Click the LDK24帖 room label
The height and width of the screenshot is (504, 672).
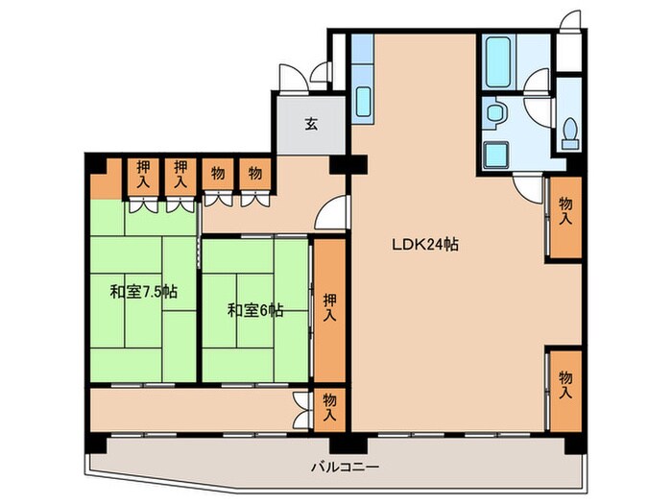pos(425,244)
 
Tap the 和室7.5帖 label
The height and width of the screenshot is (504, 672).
pos(144,292)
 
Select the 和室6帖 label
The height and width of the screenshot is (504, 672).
pos(255,310)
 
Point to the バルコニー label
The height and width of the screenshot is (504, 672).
pos(345,467)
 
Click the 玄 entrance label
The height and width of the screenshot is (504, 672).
pos(312,124)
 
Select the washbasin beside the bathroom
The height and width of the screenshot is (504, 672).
pos(496,112)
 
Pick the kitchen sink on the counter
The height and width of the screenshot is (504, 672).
pos(363,102)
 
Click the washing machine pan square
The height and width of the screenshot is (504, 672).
pos(497,156)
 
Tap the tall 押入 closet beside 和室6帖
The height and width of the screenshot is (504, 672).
pos(329,310)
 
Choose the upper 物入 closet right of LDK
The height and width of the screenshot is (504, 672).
pos(565,217)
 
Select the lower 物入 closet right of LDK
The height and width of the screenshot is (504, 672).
pos(565,391)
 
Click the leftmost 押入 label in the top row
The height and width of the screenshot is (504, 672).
pos(143,175)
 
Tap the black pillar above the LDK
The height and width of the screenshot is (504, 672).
pos(348,164)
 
